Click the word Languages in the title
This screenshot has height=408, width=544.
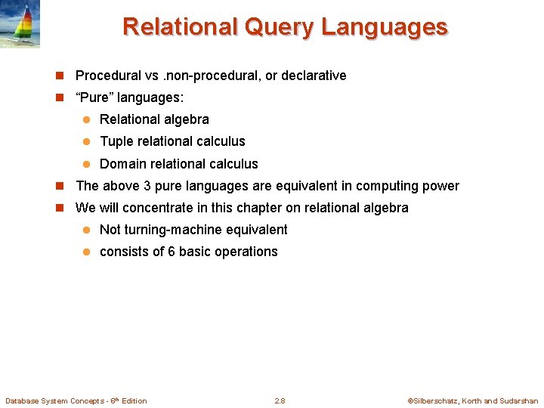tap(384, 27)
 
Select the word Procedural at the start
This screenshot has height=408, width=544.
tap(108, 76)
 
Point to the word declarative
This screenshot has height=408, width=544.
tap(312, 76)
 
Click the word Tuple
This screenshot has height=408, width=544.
tap(116, 141)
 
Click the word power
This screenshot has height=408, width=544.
tap(441, 186)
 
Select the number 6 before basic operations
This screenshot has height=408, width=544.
tap(172, 252)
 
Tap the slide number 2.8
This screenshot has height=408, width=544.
tap(280, 400)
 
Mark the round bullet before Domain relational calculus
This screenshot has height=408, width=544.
tap(86, 164)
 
